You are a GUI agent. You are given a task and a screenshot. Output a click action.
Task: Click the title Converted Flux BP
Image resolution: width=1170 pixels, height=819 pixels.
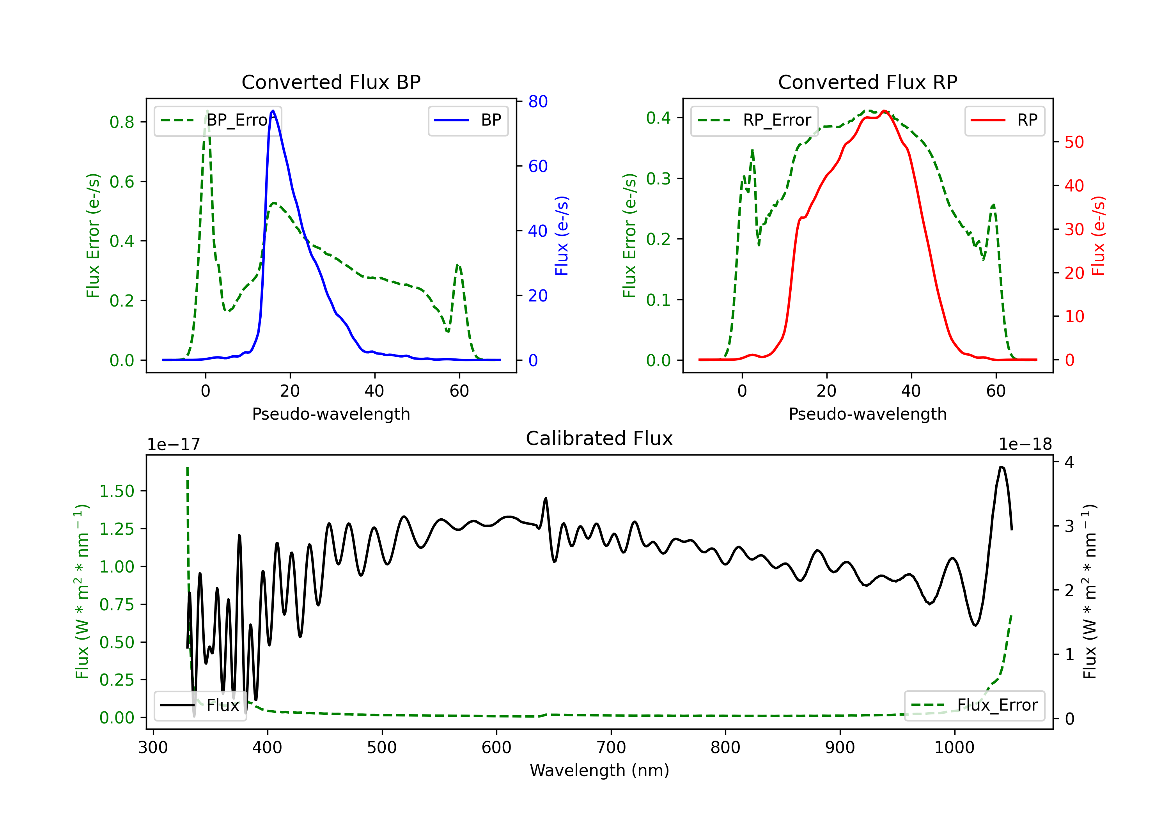(x=331, y=82)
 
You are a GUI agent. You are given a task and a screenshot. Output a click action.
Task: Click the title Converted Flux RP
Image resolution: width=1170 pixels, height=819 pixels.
(x=867, y=82)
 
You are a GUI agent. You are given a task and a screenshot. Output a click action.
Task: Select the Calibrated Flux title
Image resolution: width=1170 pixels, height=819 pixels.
(x=599, y=438)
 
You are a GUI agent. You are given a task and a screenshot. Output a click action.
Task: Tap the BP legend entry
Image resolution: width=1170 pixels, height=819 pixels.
(x=468, y=120)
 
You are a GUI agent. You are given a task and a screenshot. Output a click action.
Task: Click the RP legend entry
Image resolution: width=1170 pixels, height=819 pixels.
(x=1004, y=120)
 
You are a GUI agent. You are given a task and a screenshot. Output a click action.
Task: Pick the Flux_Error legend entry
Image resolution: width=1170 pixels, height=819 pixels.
(x=974, y=706)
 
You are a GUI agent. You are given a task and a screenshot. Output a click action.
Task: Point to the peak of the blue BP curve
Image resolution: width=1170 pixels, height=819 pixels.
(x=273, y=111)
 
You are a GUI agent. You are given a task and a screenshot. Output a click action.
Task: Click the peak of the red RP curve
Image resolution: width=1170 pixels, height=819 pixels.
(x=884, y=111)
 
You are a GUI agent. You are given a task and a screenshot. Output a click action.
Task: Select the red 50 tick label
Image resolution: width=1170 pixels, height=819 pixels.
(x=1074, y=142)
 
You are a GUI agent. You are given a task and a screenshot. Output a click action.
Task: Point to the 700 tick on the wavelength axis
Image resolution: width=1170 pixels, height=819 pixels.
(x=611, y=748)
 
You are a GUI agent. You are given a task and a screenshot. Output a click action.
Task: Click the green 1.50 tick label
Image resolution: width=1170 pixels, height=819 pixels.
(x=117, y=491)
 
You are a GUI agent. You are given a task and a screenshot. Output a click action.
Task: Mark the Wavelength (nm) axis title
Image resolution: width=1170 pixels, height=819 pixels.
(x=599, y=771)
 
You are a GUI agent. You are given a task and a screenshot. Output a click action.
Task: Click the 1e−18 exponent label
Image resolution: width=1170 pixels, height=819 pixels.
(x=1025, y=445)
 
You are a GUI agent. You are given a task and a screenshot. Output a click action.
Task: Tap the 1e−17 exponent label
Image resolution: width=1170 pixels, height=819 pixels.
(x=174, y=445)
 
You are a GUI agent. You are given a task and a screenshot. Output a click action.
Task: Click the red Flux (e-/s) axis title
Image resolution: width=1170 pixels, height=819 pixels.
(x=1098, y=236)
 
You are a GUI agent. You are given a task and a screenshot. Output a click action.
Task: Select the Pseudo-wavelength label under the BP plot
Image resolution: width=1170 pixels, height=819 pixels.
(x=331, y=414)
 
